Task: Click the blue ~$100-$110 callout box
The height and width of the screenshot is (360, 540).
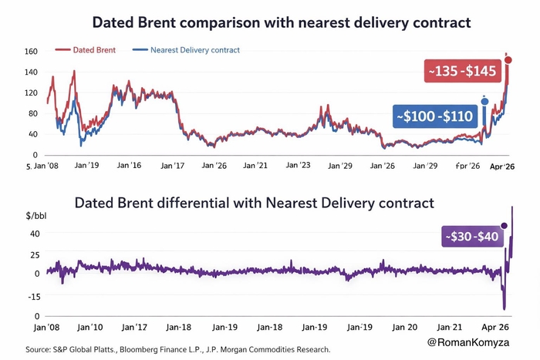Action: pos(435,116)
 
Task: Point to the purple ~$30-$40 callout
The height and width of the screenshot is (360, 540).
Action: pos(469,237)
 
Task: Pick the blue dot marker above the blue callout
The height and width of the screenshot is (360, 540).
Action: pos(484,100)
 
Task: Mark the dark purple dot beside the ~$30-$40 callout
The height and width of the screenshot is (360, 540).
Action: pos(505,226)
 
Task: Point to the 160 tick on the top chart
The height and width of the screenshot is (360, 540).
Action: pos(32,52)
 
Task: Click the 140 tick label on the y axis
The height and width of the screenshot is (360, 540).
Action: pos(32,72)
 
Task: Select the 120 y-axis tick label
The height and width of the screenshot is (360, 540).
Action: pos(32,93)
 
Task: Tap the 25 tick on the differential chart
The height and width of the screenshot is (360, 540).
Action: pos(35,254)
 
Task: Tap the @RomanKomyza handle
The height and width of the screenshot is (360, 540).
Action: pos(480,341)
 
